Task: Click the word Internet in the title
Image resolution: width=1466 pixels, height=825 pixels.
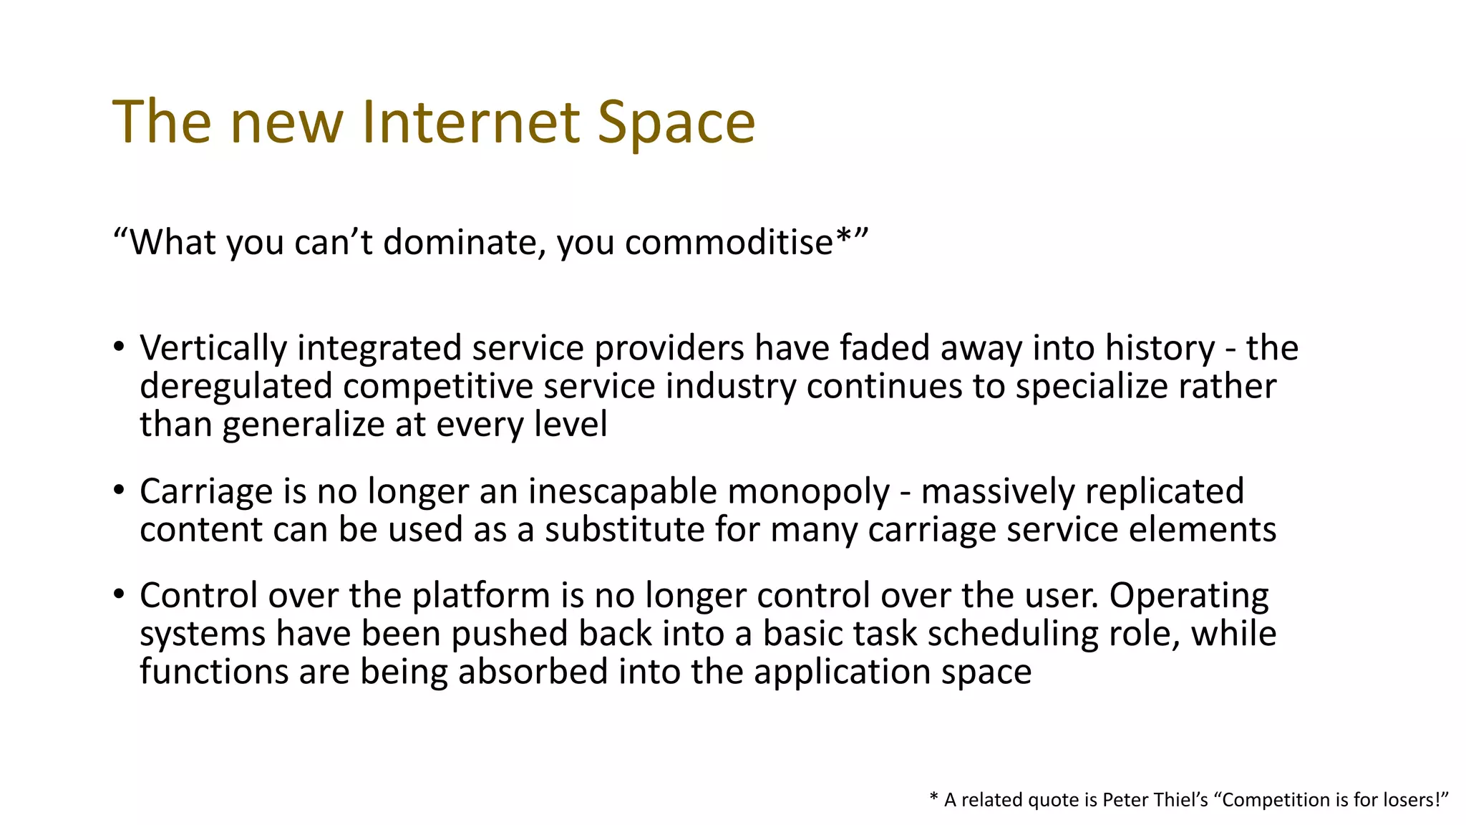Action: coord(470,122)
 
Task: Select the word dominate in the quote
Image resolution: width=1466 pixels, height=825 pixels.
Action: coord(459,242)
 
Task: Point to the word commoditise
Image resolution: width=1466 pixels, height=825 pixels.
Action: coord(729,242)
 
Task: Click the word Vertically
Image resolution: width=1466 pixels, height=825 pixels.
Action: coord(213,349)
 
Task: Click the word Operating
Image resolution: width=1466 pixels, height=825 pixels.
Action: coord(1188,596)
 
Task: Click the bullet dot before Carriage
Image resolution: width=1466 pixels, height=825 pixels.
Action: coord(119,491)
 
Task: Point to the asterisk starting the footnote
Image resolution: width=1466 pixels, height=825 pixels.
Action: coord(933,798)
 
